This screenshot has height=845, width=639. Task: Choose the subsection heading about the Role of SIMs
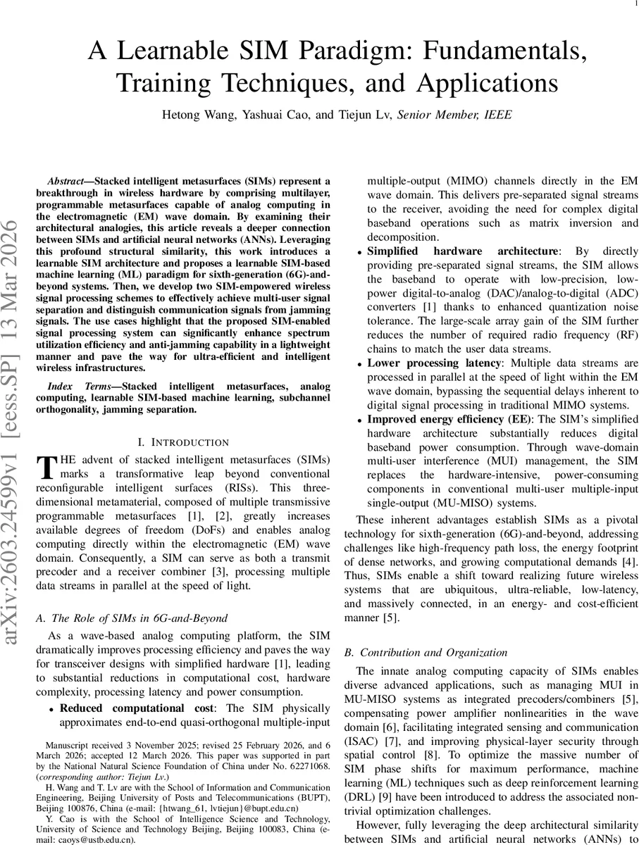coord(132,618)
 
